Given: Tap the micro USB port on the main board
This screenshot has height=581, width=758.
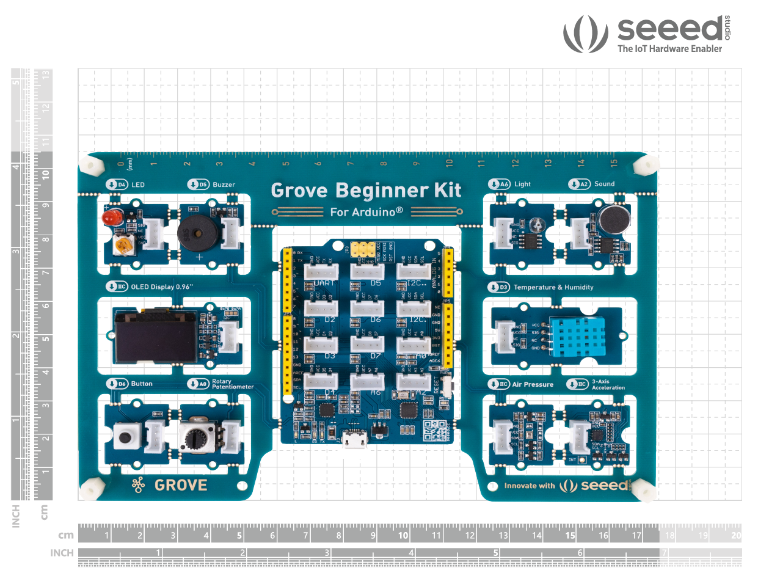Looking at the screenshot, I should [x=355, y=438].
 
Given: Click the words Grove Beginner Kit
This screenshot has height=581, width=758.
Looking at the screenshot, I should [x=366, y=190].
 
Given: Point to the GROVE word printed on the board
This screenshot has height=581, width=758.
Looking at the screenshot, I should [x=181, y=486].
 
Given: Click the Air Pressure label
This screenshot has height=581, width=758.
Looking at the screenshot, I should [x=533, y=384].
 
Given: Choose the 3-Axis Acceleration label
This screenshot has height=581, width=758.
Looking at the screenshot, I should [x=608, y=385].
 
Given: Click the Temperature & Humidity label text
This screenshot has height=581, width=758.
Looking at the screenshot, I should [x=553, y=287].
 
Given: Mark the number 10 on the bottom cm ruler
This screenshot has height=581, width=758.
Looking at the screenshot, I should [x=403, y=536].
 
